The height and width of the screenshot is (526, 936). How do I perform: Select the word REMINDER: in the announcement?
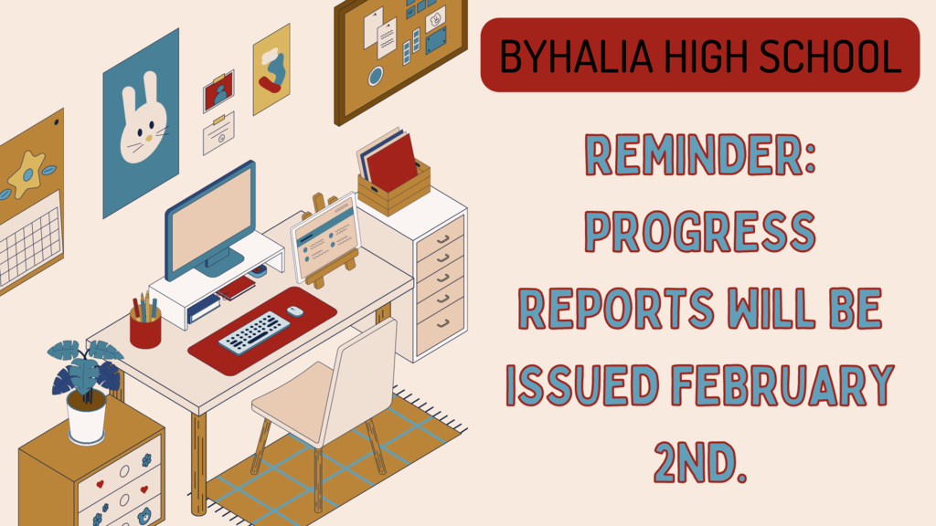pyautogui.click(x=700, y=154)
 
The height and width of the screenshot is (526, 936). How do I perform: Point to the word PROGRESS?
pyautogui.click(x=700, y=231)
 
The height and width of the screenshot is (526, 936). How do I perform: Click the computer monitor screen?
pyautogui.click(x=211, y=216)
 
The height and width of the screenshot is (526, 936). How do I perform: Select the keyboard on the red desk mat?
pyautogui.click(x=254, y=332)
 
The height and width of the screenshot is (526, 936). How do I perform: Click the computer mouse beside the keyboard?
pyautogui.click(x=295, y=311)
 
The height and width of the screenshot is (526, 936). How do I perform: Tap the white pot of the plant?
pyautogui.click(x=87, y=416)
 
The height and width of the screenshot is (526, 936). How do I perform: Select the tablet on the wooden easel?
pyautogui.click(x=326, y=237)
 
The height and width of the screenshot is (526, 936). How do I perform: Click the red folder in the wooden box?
pyautogui.click(x=391, y=162)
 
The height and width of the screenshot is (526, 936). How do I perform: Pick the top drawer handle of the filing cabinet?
pyautogui.click(x=442, y=239)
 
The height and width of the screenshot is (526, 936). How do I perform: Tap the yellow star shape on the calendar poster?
pyautogui.click(x=27, y=174)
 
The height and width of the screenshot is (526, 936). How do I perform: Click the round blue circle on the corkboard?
pyautogui.click(x=376, y=77)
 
